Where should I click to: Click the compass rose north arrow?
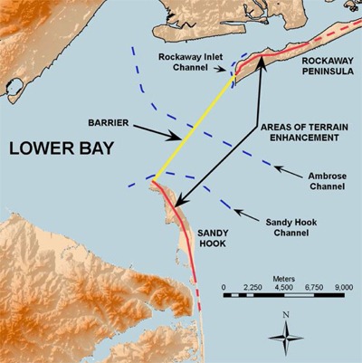(x=286, y=336)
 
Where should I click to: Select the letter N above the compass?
(x=286, y=315)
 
